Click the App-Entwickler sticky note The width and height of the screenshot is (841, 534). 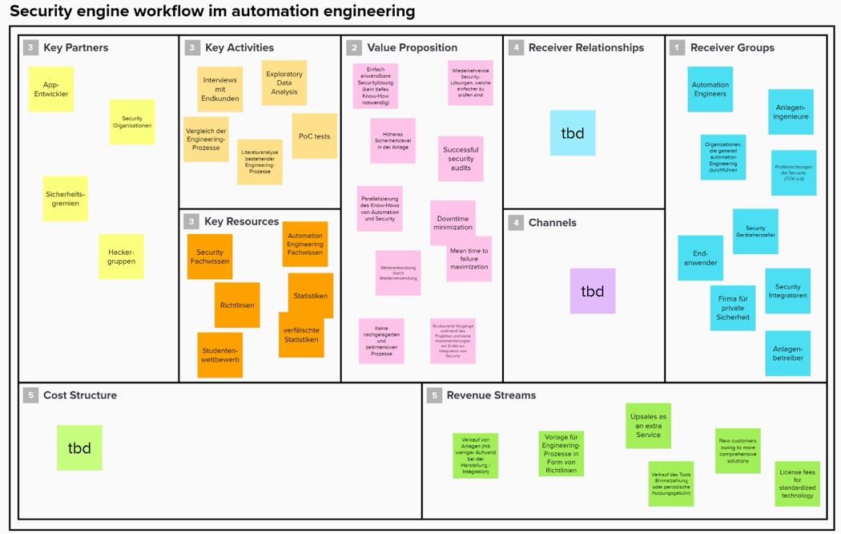(x=51, y=89)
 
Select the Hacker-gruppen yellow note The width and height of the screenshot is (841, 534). (x=121, y=257)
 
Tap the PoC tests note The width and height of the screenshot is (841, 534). (x=314, y=136)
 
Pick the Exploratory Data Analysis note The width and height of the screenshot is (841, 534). (x=284, y=83)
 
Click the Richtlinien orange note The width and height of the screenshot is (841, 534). (x=237, y=305)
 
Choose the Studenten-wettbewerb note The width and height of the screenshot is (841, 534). (x=219, y=354)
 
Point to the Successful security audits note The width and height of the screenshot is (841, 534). (x=461, y=159)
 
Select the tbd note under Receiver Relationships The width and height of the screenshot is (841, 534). (x=573, y=133)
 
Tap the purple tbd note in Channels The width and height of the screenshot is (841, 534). (x=593, y=291)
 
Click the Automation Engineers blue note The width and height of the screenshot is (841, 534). (x=710, y=89)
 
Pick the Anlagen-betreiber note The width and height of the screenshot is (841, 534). (x=788, y=354)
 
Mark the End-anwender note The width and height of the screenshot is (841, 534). (x=700, y=257)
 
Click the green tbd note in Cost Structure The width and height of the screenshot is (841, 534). (x=79, y=447)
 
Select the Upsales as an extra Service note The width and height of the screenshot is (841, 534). (x=649, y=426)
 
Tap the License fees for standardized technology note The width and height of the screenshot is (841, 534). (x=797, y=483)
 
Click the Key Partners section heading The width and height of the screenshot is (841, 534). (x=76, y=47)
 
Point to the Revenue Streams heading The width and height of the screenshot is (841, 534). (x=491, y=395)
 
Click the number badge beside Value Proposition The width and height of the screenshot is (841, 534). (x=354, y=47)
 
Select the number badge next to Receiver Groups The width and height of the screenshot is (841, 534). (x=678, y=47)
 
